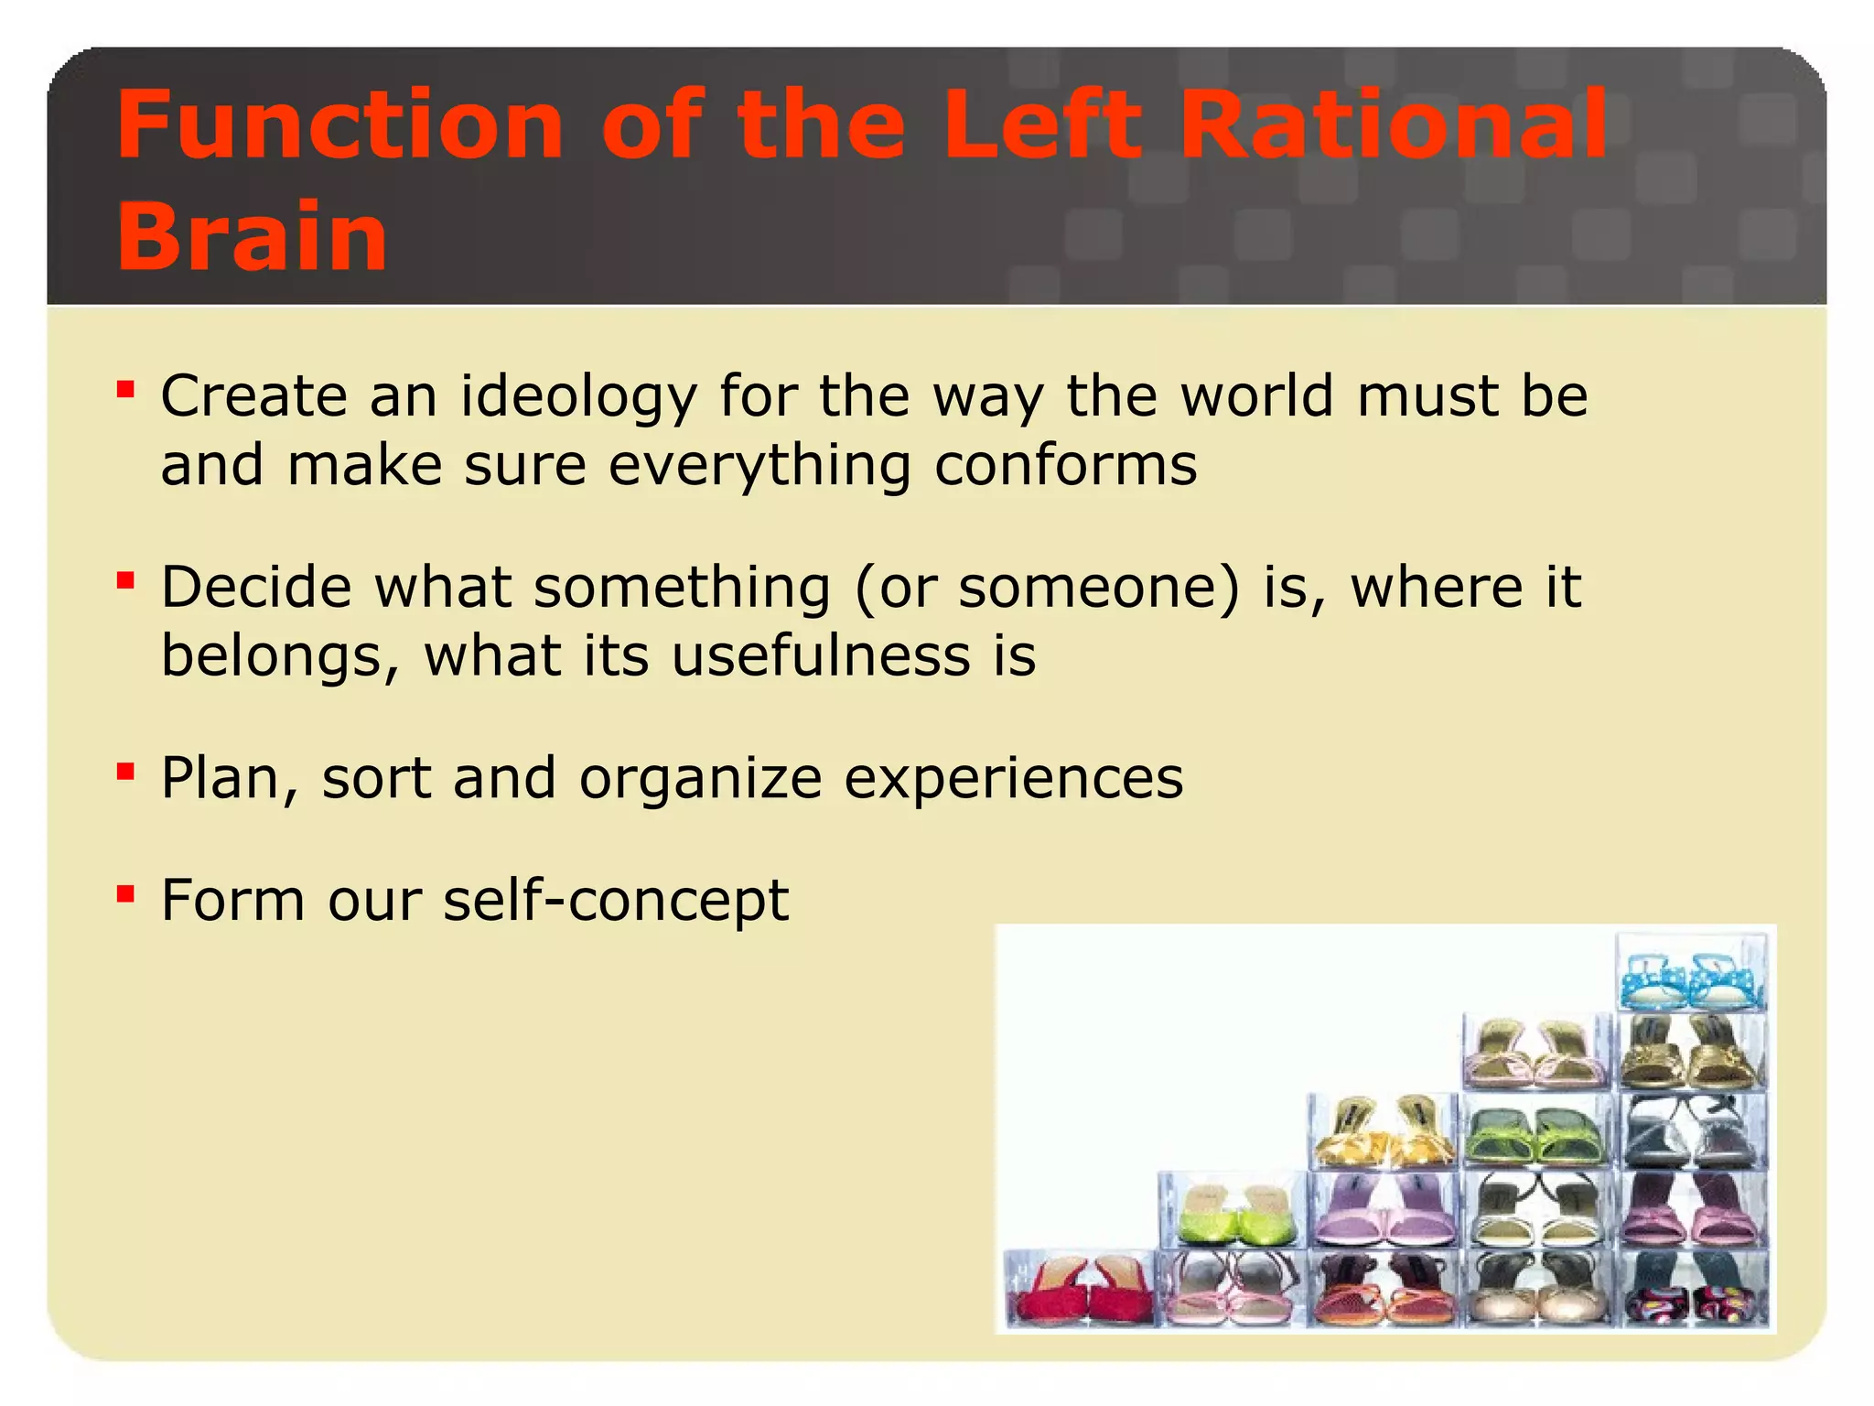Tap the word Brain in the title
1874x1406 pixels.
(252, 236)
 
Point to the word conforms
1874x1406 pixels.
(1065, 465)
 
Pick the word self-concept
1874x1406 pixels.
(615, 901)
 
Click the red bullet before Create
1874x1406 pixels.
(126, 391)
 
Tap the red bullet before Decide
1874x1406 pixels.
(126, 580)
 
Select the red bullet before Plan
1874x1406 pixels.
(126, 772)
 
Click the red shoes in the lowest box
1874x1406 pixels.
(1081, 1291)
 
